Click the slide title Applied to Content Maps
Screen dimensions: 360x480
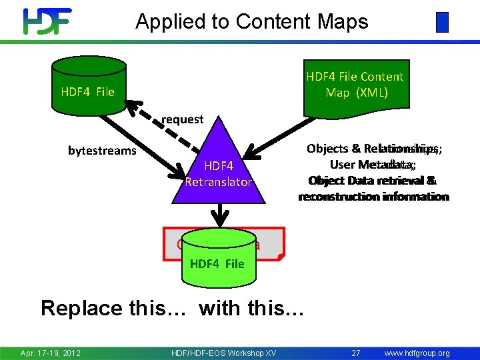(251, 21)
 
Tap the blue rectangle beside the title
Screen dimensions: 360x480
(442, 22)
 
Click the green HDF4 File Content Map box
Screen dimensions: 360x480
(355, 84)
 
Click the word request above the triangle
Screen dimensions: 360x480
(182, 119)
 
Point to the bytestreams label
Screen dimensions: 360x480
(102, 151)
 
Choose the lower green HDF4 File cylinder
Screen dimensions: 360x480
(217, 256)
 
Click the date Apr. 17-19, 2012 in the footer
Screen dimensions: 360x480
(51, 353)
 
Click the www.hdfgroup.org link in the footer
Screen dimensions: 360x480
(417, 353)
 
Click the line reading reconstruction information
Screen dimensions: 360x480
(373, 197)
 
